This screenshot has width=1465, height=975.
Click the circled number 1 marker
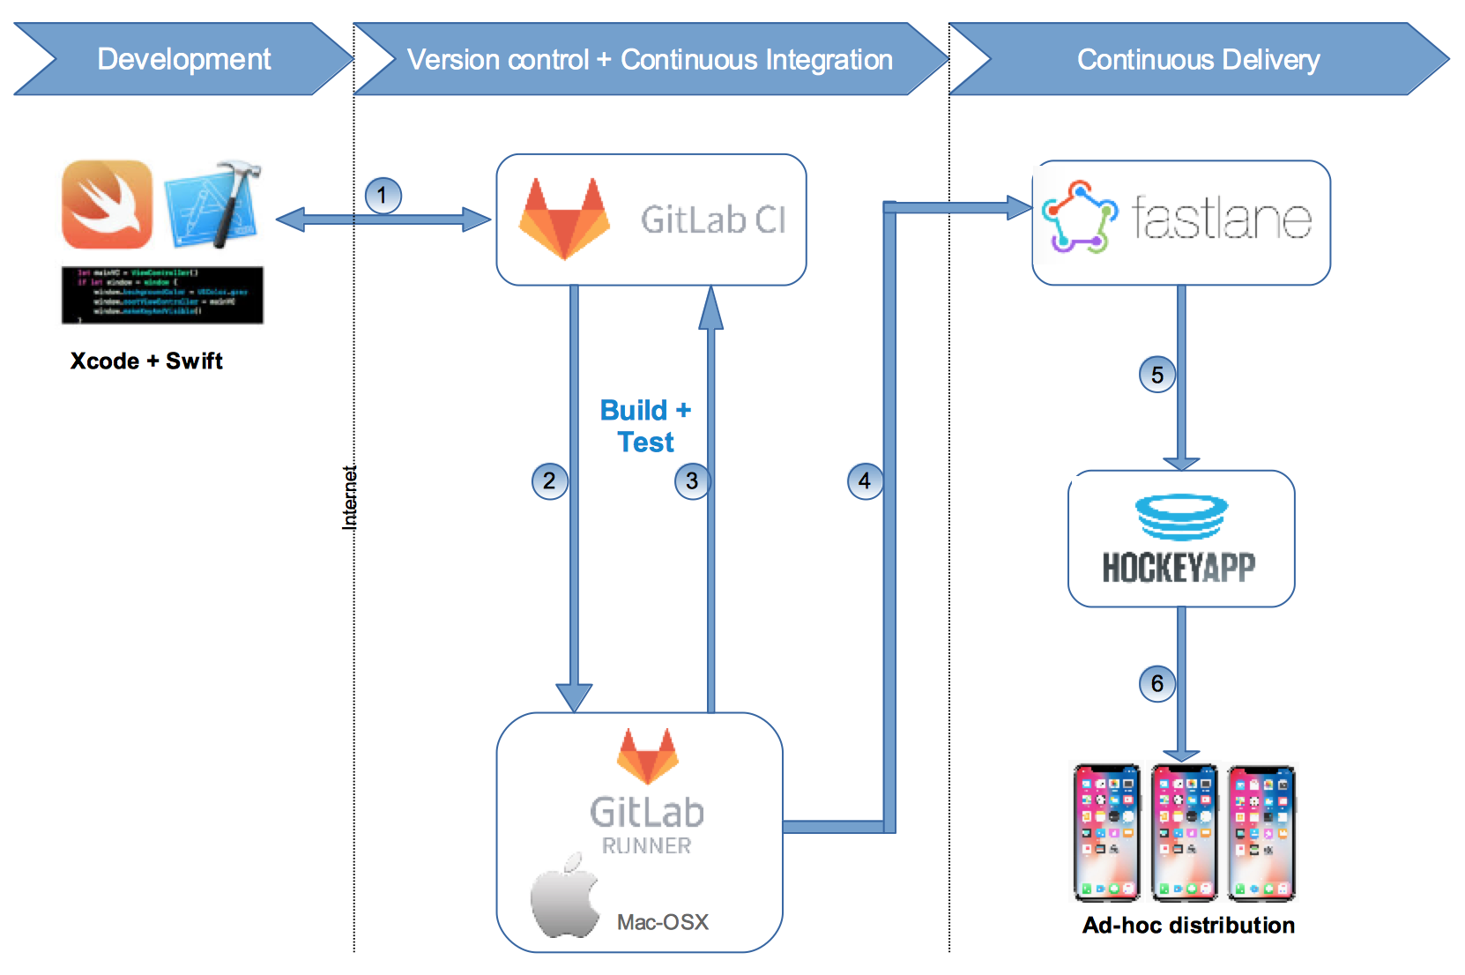click(383, 195)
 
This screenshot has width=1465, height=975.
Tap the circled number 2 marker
click(549, 481)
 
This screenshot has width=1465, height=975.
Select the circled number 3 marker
click(692, 481)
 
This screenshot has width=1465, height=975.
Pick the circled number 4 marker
click(865, 481)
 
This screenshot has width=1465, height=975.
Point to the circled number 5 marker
click(1156, 375)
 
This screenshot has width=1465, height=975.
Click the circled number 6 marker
click(1156, 683)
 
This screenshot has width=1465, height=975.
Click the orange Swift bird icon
click(107, 204)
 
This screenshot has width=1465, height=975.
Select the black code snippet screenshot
click(162, 295)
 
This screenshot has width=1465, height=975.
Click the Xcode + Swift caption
click(146, 361)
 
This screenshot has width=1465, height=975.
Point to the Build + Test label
click(645, 426)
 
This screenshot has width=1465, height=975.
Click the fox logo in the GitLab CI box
click(564, 219)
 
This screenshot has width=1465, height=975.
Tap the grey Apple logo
click(564, 897)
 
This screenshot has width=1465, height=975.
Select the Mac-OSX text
click(662, 922)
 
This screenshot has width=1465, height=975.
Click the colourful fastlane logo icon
click(1079, 218)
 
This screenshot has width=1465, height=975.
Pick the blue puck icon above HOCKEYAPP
click(1181, 516)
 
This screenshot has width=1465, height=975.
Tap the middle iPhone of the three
click(1184, 832)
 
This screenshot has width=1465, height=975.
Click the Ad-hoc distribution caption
click(1188, 926)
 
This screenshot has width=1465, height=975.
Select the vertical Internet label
click(349, 497)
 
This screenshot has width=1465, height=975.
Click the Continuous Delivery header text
click(1198, 60)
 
